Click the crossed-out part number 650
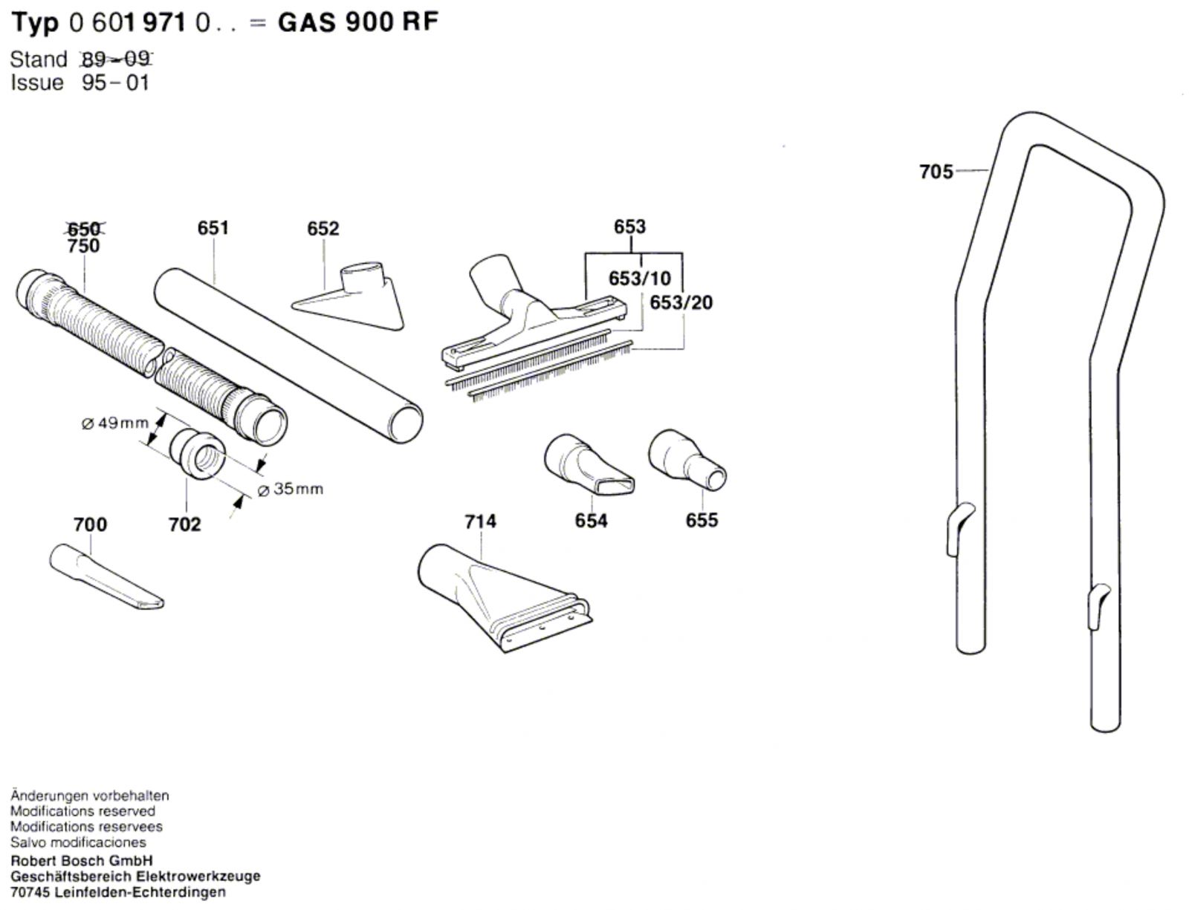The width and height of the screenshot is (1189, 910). pos(83,229)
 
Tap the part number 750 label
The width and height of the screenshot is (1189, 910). pos(84,246)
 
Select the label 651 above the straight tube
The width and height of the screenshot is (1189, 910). pos(213,228)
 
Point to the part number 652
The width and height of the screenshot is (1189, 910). pos(323,229)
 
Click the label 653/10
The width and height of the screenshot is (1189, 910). pos(640,279)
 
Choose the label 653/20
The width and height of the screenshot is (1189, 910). pos(681,302)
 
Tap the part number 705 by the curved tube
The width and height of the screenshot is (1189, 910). pos(936,172)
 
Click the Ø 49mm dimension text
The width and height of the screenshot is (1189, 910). pos(115,423)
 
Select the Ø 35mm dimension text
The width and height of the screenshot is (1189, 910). pos(290,489)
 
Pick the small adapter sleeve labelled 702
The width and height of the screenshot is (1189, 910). pos(197,455)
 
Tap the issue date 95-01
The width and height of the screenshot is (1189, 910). pos(115,83)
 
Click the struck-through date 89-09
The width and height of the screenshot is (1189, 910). pos(116,59)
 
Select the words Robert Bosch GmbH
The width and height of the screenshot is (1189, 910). pos(82,861)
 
